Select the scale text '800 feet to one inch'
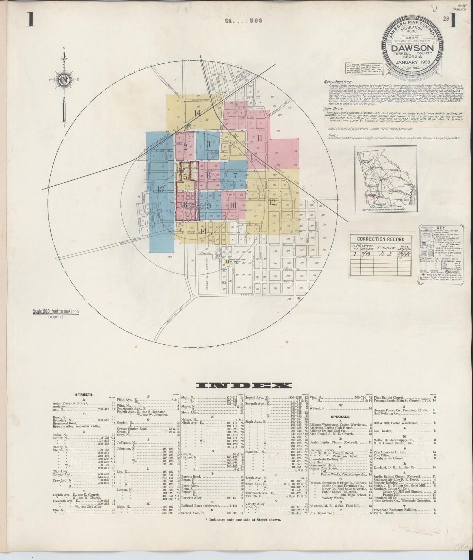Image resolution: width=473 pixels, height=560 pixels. (x=56, y=312)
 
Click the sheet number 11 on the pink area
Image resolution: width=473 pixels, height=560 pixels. (x=260, y=138)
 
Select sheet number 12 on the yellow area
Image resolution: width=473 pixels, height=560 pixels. (x=272, y=202)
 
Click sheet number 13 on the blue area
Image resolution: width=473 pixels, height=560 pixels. (x=160, y=189)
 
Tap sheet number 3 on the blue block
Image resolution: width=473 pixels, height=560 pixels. (x=209, y=143)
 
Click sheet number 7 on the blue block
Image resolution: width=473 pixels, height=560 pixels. (x=234, y=175)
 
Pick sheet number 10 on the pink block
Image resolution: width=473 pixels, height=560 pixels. (x=232, y=206)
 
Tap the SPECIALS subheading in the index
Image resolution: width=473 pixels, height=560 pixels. (x=340, y=417)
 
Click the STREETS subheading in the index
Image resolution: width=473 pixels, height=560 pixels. (x=84, y=395)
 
